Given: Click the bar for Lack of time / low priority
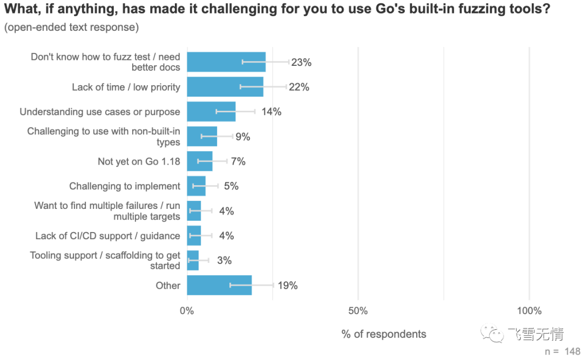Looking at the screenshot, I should (225, 87).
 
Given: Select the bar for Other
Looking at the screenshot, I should (219, 285).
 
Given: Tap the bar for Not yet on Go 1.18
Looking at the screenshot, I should (200, 161).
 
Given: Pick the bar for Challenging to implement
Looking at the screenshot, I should (196, 186).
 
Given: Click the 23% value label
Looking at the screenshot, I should (301, 62).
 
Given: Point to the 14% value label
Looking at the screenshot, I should (271, 112).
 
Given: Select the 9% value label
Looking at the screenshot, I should (242, 137).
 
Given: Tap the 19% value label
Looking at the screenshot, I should (287, 286).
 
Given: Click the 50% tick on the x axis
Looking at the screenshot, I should (358, 311).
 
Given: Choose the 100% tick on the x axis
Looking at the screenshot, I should (529, 311).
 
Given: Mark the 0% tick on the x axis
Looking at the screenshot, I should (187, 311).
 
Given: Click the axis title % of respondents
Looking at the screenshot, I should (384, 334).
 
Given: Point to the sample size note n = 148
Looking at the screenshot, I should (562, 351).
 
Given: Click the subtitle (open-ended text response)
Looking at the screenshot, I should (71, 27).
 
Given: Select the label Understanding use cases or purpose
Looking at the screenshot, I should (100, 112).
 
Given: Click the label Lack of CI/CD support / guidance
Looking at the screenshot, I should (107, 236).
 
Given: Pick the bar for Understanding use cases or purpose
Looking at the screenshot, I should (211, 112).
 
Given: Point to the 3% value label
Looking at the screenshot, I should (224, 261).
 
